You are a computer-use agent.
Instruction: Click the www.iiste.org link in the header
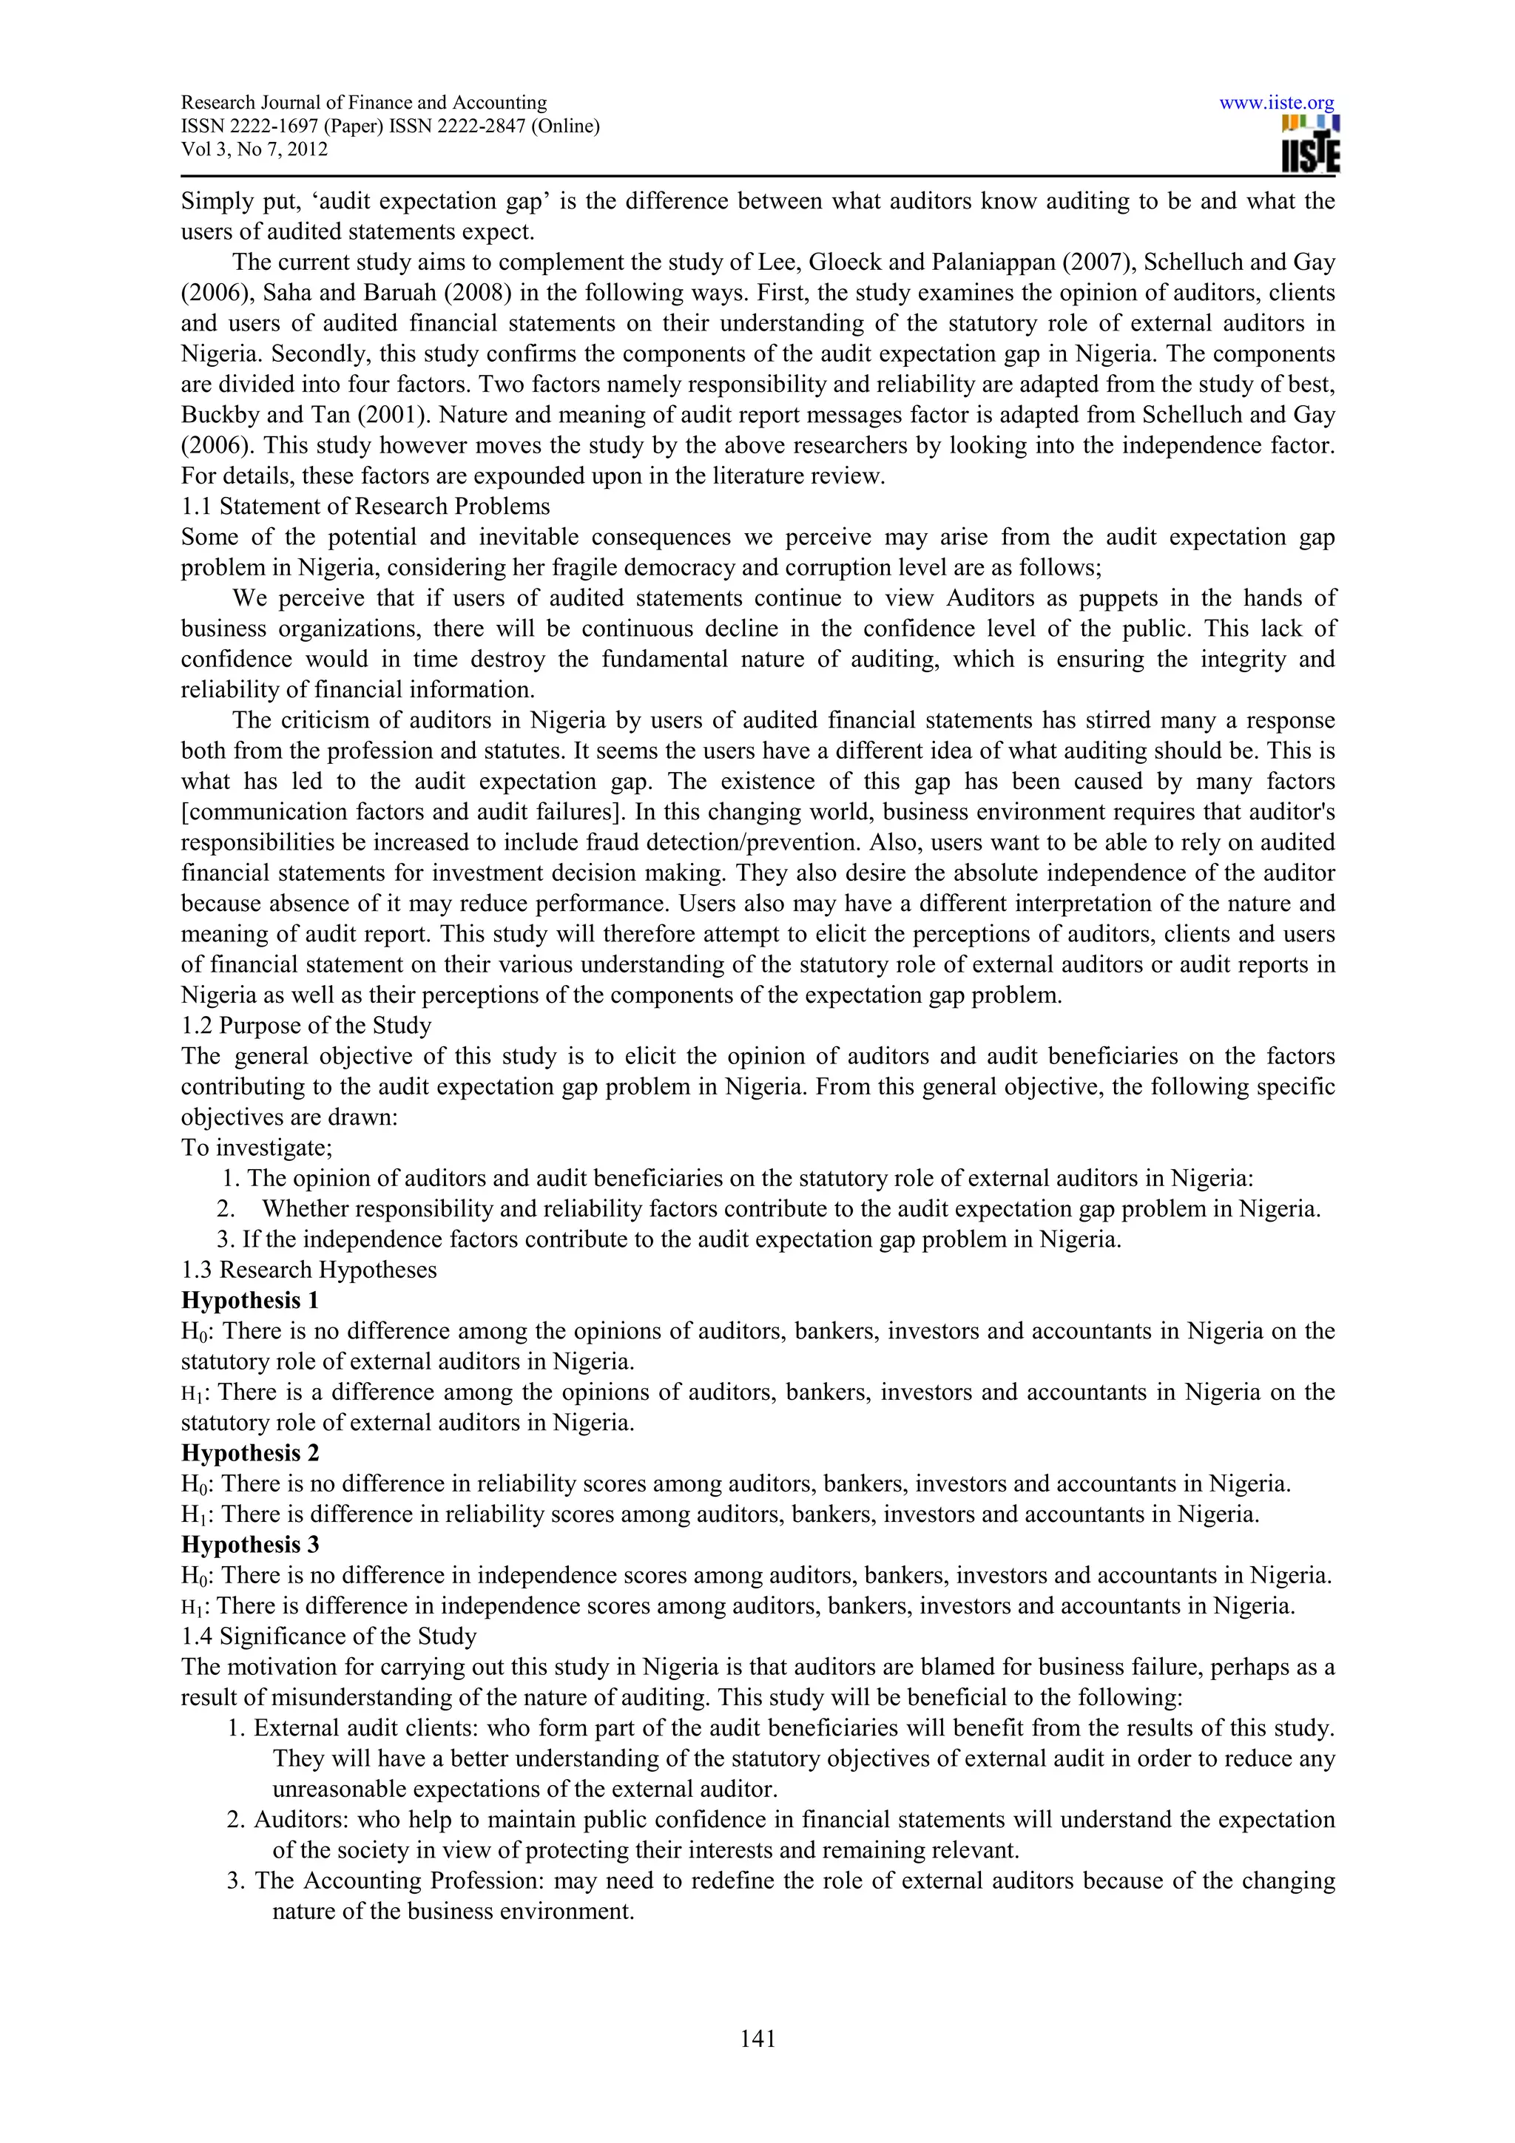[1276, 103]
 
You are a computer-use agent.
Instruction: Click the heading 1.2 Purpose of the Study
[306, 1026]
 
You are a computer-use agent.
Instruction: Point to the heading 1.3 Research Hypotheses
[309, 1270]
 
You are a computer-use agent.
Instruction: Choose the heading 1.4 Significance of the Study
[328, 1636]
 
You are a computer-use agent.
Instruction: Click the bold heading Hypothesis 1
[249, 1300]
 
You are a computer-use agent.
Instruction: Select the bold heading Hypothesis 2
[249, 1453]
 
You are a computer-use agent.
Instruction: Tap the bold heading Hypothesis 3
[249, 1545]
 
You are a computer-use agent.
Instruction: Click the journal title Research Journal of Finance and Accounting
[363, 103]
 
